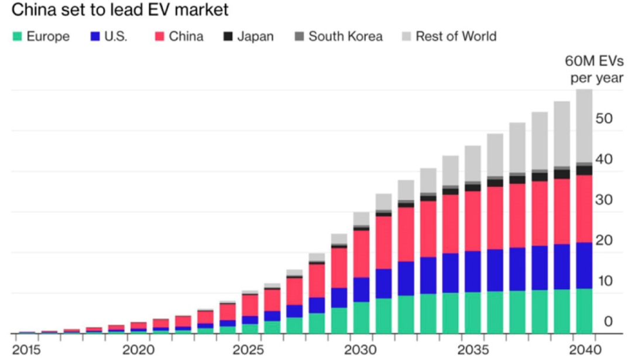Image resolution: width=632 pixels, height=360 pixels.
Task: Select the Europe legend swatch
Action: point(18,36)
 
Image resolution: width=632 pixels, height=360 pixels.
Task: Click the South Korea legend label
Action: point(345,36)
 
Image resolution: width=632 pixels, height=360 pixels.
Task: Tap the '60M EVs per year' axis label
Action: point(593,70)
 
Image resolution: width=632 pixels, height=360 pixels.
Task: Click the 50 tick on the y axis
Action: point(604,119)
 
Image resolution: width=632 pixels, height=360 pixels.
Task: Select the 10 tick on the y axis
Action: point(604,281)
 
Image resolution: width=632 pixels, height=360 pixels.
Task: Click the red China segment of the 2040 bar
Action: point(584,208)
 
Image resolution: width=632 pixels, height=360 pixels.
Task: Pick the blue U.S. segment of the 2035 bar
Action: point(473,272)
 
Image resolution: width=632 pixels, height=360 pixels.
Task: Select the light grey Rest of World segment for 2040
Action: point(584,126)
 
